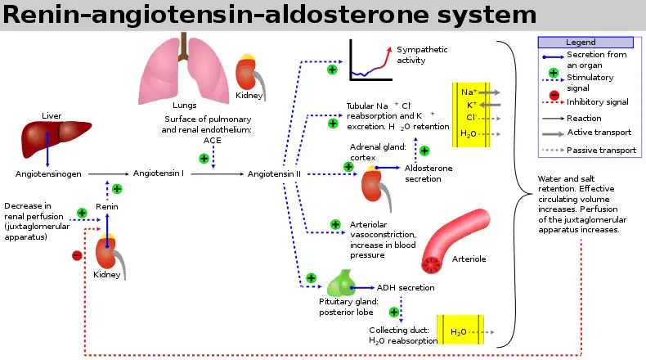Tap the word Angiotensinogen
coord(47,174)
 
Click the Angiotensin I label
coord(158,174)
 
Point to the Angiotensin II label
coord(274,174)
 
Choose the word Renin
coord(106,207)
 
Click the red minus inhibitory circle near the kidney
coord(77,255)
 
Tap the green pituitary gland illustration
coord(341,282)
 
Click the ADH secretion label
coord(406,288)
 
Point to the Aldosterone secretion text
coord(428,173)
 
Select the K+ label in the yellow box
coord(471,106)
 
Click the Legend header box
coord(587,42)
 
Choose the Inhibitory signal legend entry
coord(597,102)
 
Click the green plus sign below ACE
coord(204,158)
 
